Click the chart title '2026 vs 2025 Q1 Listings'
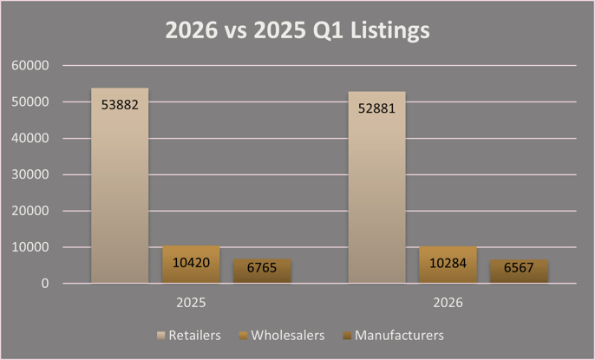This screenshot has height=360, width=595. point(297,32)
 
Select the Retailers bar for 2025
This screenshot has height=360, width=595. point(120,191)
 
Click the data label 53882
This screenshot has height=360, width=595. point(120,105)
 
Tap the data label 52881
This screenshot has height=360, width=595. point(376,108)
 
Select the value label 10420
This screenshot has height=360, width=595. point(191,261)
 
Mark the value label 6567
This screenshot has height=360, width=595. point(519,268)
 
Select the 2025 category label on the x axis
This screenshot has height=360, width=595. point(191,304)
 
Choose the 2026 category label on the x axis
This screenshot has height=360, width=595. point(448,304)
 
